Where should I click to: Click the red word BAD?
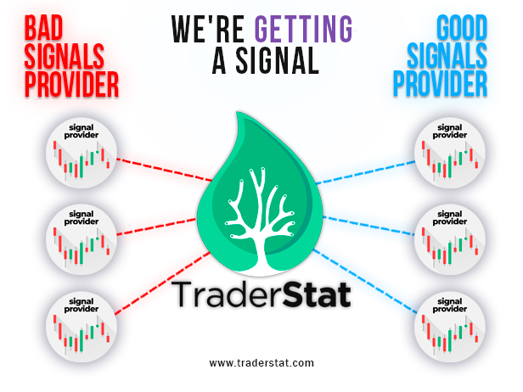[x=43, y=28]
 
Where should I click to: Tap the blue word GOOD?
[x=462, y=28]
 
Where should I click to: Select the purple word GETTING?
[x=303, y=29]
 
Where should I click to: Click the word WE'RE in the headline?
[x=208, y=29]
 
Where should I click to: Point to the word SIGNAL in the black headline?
[x=277, y=60]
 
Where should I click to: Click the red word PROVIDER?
[x=71, y=84]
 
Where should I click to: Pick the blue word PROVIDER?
[x=441, y=84]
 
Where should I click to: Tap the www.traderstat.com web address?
[x=261, y=362]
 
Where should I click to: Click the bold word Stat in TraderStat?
[x=317, y=294]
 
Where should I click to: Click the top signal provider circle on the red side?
[x=81, y=153]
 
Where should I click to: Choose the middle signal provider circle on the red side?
[x=81, y=239]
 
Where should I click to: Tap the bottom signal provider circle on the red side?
[x=81, y=327]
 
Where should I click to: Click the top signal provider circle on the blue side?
[x=450, y=153]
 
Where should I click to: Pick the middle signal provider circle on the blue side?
[x=450, y=239]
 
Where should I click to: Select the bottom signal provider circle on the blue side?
[x=450, y=327]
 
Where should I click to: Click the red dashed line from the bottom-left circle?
[x=162, y=283]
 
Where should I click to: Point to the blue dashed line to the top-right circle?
[x=366, y=172]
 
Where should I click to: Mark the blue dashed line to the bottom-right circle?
[x=365, y=282]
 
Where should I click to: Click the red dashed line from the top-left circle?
[x=164, y=170]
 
